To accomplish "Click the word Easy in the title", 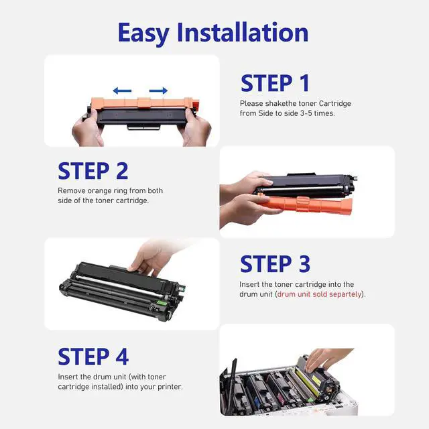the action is point(143,34).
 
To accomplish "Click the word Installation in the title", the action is point(243,32).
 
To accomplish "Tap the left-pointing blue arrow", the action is point(122,90).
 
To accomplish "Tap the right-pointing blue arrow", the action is point(158,90).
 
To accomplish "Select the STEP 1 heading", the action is point(275,83).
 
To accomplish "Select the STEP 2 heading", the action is point(93,171).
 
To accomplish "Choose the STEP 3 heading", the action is point(275,263).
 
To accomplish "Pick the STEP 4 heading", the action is point(93,357).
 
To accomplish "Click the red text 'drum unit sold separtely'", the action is point(319,294).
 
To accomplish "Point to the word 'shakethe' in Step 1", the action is point(281,103).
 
